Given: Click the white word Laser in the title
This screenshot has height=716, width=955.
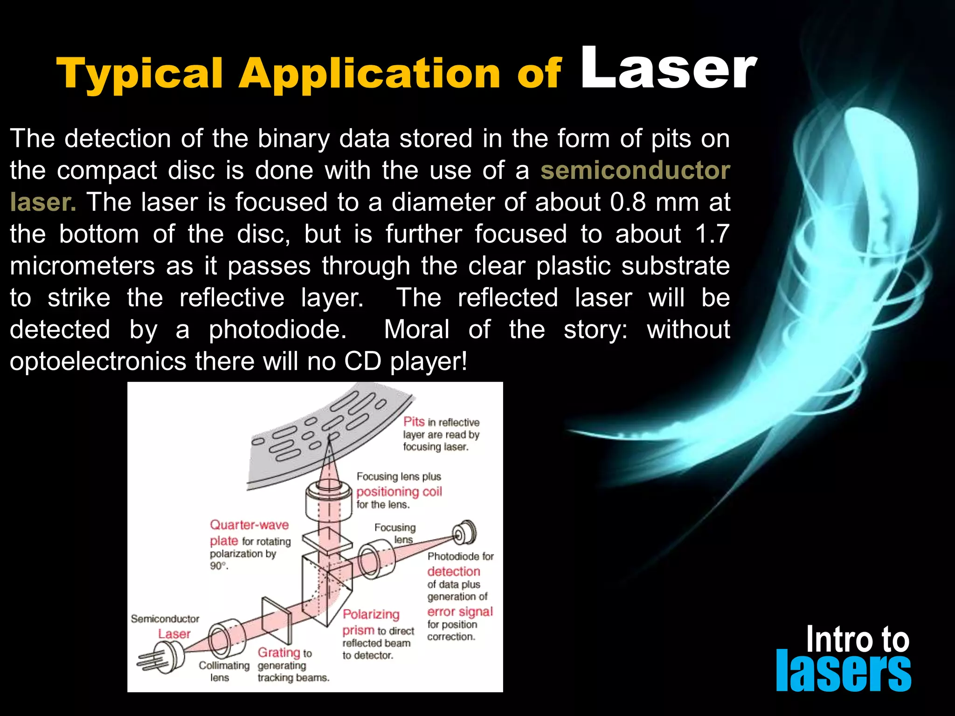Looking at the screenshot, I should [x=668, y=69].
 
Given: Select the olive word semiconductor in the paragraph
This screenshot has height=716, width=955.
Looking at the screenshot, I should [x=635, y=170].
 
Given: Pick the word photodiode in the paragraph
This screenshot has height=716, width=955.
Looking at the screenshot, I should [x=277, y=330].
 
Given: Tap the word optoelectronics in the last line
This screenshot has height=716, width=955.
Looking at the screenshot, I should [x=98, y=361].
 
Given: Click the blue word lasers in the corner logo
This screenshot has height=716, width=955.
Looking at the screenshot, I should [x=843, y=671].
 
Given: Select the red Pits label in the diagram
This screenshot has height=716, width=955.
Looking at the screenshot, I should [x=414, y=421].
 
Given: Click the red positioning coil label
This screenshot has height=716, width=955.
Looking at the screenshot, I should [x=399, y=491].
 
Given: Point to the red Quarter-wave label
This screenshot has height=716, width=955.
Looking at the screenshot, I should [x=249, y=525].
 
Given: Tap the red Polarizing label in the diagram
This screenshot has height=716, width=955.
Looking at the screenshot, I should [x=371, y=614].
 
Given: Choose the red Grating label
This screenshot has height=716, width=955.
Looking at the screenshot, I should [x=278, y=652].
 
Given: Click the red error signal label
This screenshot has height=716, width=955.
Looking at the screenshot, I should [x=460, y=612].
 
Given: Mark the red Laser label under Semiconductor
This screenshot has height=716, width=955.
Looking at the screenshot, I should [x=174, y=634].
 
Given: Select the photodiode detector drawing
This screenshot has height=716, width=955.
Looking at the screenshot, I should [x=464, y=532].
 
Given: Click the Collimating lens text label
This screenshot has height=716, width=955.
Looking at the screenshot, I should [x=224, y=671].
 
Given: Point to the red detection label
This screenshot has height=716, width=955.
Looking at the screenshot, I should [x=453, y=571].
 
